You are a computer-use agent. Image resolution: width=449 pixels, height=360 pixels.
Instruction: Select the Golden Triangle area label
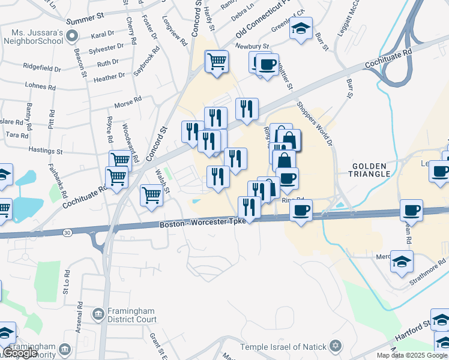point(372,170)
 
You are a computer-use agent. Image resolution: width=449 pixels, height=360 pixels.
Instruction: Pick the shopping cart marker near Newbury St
point(216,61)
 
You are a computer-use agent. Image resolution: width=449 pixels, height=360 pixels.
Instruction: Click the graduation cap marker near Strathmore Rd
point(402,261)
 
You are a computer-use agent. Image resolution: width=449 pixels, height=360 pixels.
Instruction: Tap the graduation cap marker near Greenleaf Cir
point(301,28)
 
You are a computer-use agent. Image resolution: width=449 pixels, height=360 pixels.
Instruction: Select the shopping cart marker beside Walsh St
point(151,194)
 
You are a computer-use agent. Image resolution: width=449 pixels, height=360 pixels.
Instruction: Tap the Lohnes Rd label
point(41,87)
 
